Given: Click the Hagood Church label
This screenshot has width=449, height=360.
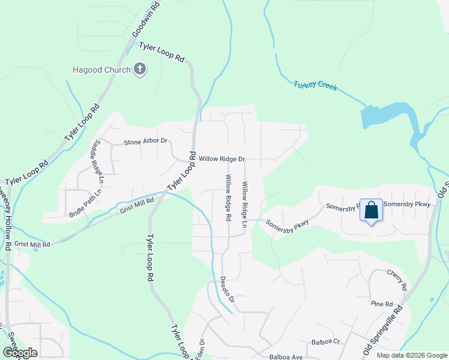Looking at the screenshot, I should (102, 70).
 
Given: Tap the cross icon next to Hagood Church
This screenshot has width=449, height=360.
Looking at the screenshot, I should (140, 70).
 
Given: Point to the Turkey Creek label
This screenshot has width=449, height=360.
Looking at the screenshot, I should (316, 86).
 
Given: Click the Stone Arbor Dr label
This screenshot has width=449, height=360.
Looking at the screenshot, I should (145, 142).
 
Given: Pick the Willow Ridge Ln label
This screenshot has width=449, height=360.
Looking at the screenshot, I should (245, 205).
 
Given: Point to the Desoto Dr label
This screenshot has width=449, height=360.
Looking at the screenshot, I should (226, 289).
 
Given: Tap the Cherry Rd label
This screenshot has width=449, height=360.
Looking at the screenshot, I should (397, 277).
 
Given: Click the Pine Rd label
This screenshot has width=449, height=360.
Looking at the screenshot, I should (381, 304).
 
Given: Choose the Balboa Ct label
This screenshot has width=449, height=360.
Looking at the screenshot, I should (325, 342).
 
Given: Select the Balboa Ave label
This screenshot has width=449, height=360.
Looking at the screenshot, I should (286, 356).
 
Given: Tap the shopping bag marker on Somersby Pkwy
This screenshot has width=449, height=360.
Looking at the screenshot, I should (371, 211).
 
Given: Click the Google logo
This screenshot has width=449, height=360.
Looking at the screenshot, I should (20, 352).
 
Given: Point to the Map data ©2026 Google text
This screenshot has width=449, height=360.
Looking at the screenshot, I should (412, 355).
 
